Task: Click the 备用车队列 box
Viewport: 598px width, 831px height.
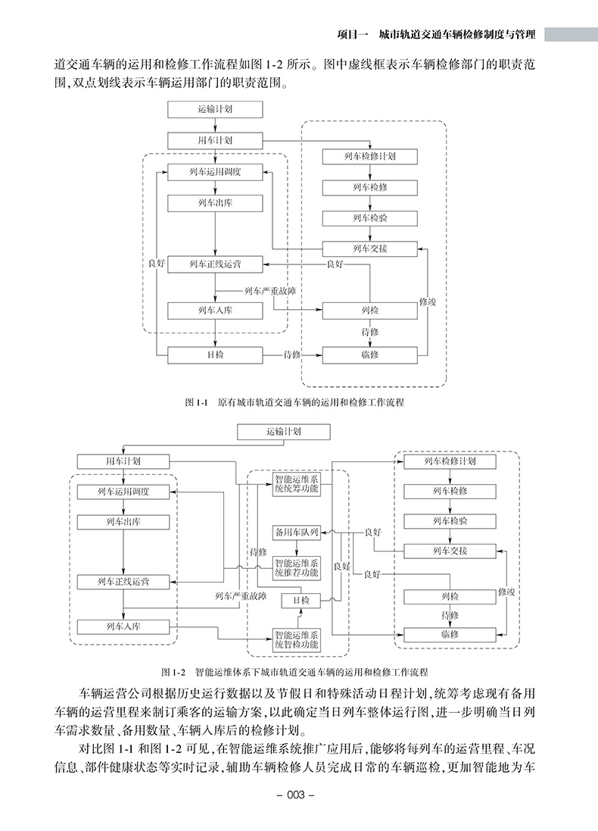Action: pyautogui.click(x=297, y=533)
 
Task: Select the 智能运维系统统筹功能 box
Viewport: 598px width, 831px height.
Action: pyautogui.click(x=297, y=483)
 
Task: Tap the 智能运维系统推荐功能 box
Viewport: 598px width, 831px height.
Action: pyautogui.click(x=297, y=568)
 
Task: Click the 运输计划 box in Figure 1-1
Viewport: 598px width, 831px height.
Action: pyautogui.click(x=215, y=109)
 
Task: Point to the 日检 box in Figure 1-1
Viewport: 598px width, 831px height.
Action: pyautogui.click(x=215, y=355)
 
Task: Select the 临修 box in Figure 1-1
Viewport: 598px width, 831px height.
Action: pyautogui.click(x=370, y=355)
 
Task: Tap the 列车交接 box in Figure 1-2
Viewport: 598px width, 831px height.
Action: pyautogui.click(x=450, y=551)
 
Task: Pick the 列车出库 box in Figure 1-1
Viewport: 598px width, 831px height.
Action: pyautogui.click(x=215, y=203)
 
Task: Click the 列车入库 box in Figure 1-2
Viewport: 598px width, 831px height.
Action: pyautogui.click(x=123, y=626)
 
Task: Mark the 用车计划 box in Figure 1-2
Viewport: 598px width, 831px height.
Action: pyautogui.click(x=123, y=461)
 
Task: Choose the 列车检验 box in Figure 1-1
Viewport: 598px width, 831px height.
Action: pyautogui.click(x=370, y=218)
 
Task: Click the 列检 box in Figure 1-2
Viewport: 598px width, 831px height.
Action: pyautogui.click(x=450, y=598)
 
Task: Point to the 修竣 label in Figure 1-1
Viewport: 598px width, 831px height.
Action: pyautogui.click(x=427, y=301)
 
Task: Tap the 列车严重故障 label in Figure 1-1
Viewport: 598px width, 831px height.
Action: pyautogui.click(x=270, y=290)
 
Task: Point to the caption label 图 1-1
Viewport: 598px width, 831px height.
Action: pyautogui.click(x=195, y=403)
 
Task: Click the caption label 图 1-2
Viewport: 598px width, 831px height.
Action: pyautogui.click(x=173, y=671)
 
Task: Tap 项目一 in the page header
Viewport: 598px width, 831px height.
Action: pyautogui.click(x=351, y=34)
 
